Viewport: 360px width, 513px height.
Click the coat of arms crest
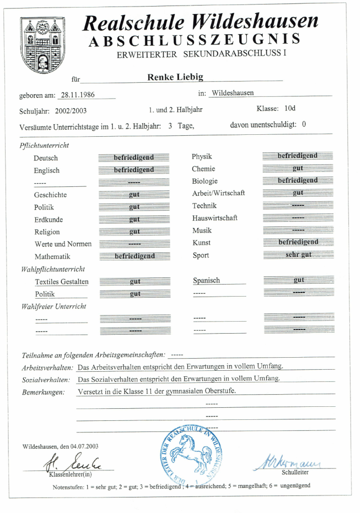(x=43, y=45)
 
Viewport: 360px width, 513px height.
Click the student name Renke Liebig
(x=175, y=77)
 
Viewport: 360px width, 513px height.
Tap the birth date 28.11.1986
(x=78, y=95)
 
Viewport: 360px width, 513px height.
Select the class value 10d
(x=290, y=108)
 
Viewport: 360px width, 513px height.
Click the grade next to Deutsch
(x=134, y=157)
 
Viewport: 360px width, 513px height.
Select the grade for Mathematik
(x=134, y=256)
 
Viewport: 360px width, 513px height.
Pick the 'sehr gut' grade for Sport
(x=298, y=254)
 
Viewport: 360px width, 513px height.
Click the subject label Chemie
(x=203, y=169)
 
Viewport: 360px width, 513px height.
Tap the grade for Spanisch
(x=298, y=280)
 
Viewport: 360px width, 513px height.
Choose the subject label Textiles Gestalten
(x=62, y=282)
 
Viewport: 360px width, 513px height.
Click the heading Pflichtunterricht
(x=45, y=145)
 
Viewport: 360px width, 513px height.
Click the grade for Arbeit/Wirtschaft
(x=298, y=192)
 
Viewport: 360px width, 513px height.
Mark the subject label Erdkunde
(x=49, y=219)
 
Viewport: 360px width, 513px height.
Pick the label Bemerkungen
(x=43, y=392)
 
